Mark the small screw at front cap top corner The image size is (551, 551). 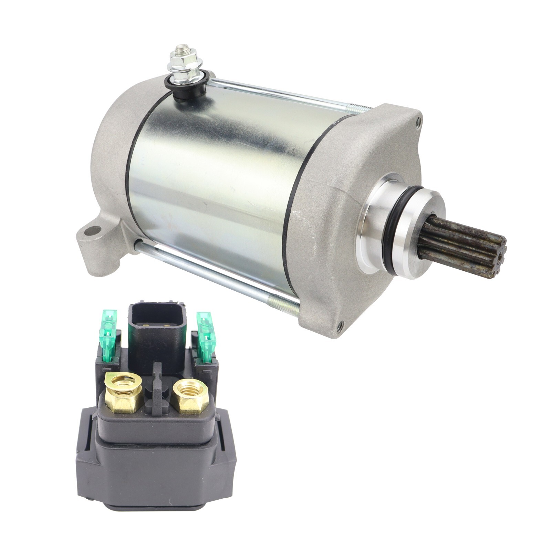tap(418, 121)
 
